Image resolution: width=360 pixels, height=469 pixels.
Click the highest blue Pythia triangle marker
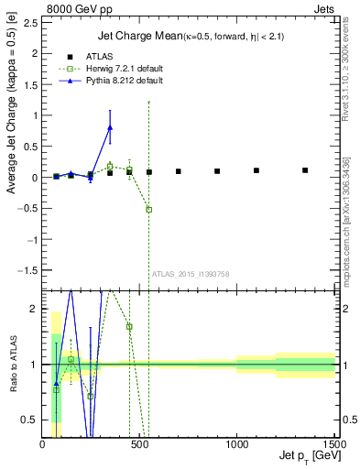click(110, 127)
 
